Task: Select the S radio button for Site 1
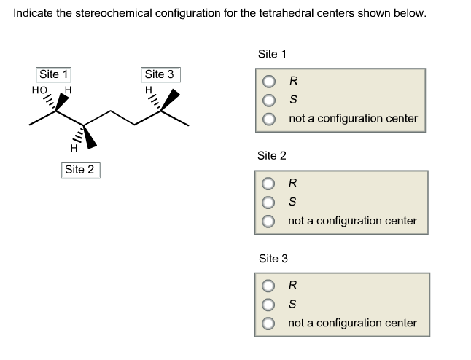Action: point(270,99)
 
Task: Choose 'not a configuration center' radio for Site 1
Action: point(270,118)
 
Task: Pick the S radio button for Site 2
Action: point(270,202)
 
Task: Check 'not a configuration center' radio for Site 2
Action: point(270,220)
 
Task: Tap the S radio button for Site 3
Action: point(270,304)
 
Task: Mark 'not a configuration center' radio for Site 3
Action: point(270,323)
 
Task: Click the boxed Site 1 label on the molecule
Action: point(54,74)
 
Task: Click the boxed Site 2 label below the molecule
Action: point(79,170)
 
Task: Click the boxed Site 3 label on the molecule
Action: point(159,74)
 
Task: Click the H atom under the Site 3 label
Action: point(149,91)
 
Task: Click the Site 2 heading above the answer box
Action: point(272,156)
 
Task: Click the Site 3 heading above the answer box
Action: point(273,258)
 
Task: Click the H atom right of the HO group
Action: point(68,90)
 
